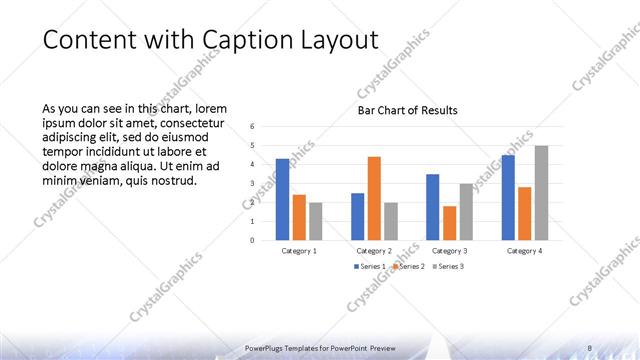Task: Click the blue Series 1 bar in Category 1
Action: (x=282, y=199)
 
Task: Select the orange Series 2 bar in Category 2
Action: (x=374, y=198)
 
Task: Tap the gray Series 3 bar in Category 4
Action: (x=541, y=193)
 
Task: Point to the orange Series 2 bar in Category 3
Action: (x=449, y=223)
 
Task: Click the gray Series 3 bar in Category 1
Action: (x=316, y=221)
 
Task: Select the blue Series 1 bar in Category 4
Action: (x=508, y=197)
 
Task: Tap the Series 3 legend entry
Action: (x=446, y=267)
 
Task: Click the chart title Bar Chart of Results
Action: (x=407, y=110)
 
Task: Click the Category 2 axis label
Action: (x=374, y=250)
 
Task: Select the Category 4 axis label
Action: (x=524, y=250)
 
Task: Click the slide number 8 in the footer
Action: (x=590, y=347)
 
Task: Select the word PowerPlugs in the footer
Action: (x=266, y=347)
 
